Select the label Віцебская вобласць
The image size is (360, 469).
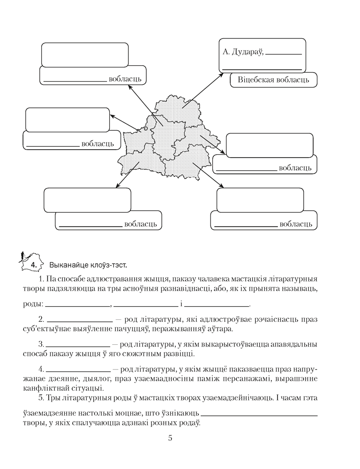[x=273, y=79]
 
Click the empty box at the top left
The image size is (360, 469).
[x=85, y=55]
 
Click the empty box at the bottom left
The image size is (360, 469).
[x=87, y=200]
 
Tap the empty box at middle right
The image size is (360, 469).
[x=270, y=146]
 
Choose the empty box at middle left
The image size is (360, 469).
[x=67, y=120]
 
